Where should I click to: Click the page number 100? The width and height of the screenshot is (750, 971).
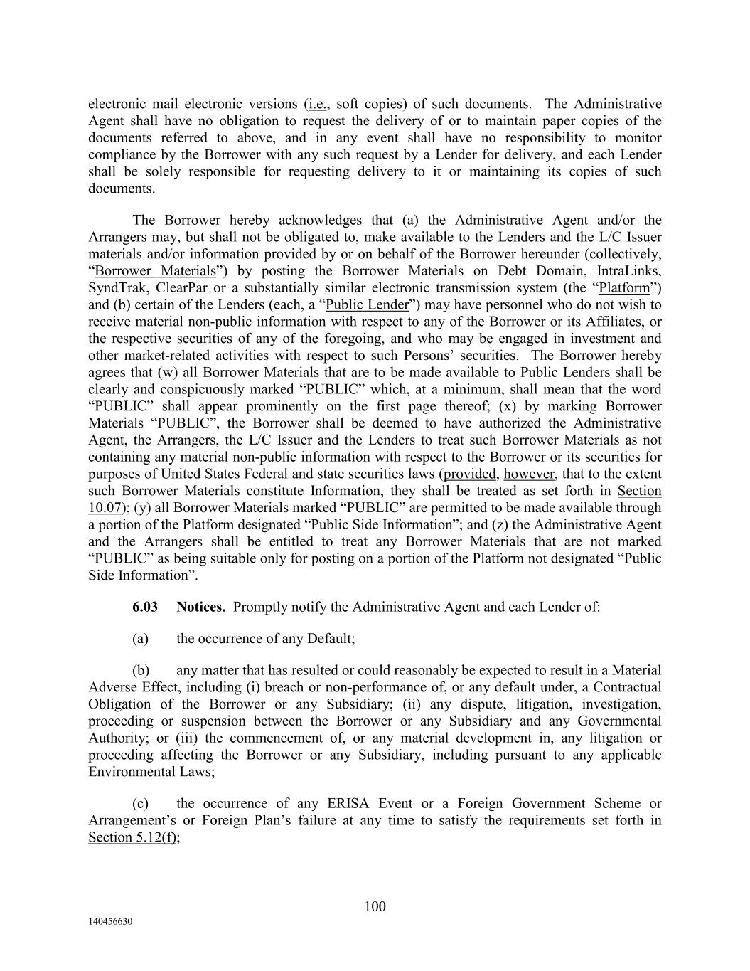coord(375,906)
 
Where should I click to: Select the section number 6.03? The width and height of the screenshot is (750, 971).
coord(145,607)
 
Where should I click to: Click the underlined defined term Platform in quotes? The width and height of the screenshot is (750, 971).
coord(625,288)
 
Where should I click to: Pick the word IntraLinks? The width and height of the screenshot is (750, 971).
coord(629,271)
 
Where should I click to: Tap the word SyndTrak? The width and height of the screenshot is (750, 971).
coord(115,288)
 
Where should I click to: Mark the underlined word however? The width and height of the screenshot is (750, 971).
coord(529,474)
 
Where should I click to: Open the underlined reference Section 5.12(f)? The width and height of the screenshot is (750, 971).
coord(133,837)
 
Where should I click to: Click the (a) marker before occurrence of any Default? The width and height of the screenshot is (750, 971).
coord(140,638)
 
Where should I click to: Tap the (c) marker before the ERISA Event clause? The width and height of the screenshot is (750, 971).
coord(140,804)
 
